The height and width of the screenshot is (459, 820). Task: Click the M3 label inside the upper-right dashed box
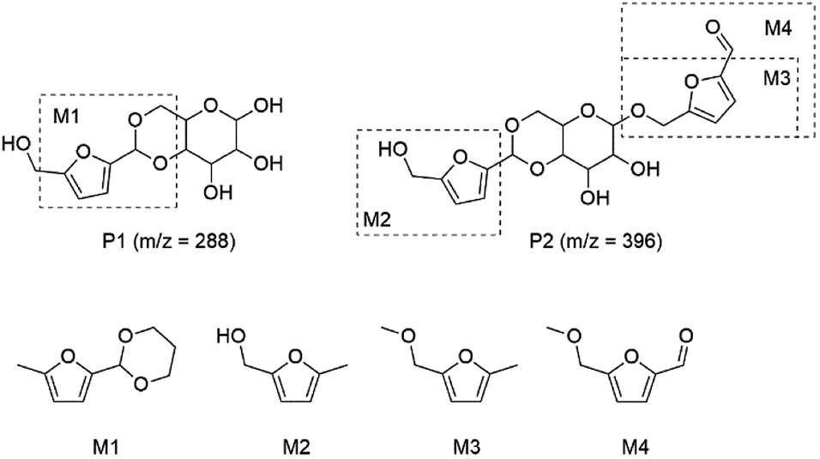(x=778, y=78)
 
